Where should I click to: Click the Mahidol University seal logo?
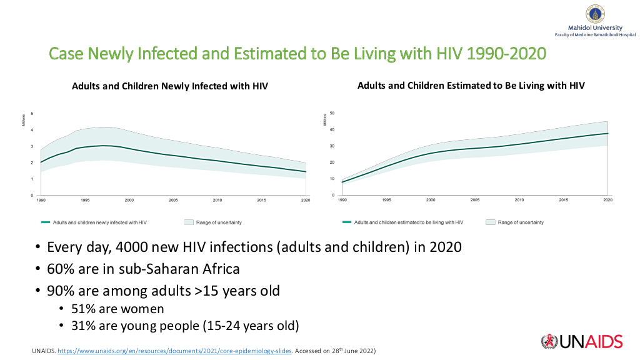point(595,13)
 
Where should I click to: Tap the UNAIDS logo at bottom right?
point(582,341)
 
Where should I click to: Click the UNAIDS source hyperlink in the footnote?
point(174,351)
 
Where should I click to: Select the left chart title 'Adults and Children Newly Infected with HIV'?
point(170,86)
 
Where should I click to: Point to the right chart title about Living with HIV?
point(471,85)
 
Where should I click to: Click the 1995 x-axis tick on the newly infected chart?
point(85,200)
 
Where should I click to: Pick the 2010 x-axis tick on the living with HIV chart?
point(519,200)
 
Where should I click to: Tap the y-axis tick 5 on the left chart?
point(32,113)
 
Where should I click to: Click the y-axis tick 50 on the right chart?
point(333,113)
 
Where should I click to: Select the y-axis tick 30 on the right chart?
point(333,146)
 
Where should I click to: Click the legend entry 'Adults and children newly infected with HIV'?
point(100,222)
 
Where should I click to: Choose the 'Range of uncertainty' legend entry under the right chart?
point(521,222)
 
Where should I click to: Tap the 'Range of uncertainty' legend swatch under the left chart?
point(189,222)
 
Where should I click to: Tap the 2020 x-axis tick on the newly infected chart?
point(306,200)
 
